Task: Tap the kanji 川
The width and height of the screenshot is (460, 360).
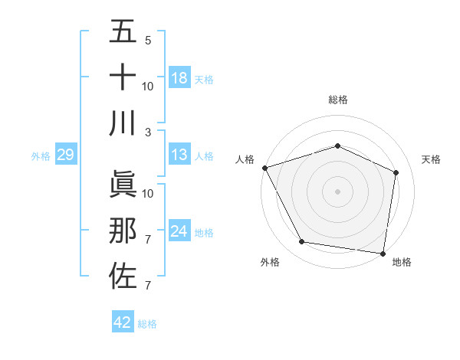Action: [123, 123]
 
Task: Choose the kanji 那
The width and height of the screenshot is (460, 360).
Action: [123, 231]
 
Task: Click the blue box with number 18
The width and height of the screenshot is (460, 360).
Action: [179, 78]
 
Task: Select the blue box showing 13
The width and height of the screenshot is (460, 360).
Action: [179, 155]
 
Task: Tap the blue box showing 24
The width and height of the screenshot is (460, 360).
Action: [179, 232]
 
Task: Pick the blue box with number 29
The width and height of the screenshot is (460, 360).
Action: [65, 155]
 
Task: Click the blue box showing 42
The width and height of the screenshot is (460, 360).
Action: [123, 322]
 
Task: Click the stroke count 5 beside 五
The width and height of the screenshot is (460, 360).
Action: [147, 40]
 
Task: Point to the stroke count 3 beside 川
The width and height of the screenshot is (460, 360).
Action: [147, 133]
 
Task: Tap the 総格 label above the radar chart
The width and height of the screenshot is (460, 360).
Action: [337, 100]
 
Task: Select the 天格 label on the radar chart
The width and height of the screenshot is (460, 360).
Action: [431, 159]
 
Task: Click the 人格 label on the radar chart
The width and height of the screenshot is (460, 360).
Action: [245, 159]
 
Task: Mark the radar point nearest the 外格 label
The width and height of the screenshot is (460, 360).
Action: [302, 242]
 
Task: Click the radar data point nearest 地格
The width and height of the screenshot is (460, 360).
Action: [383, 253]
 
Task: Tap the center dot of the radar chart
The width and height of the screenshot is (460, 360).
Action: [337, 191]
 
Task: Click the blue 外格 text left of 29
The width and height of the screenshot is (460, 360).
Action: [41, 156]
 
